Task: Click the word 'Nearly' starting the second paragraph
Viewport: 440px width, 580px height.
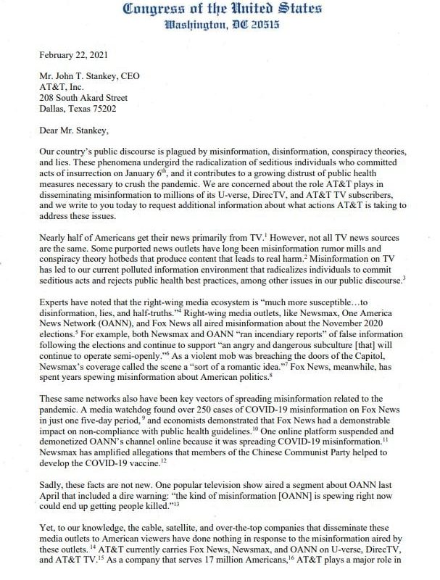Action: coord(56,240)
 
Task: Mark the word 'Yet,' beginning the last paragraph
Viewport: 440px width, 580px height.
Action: coord(51,534)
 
